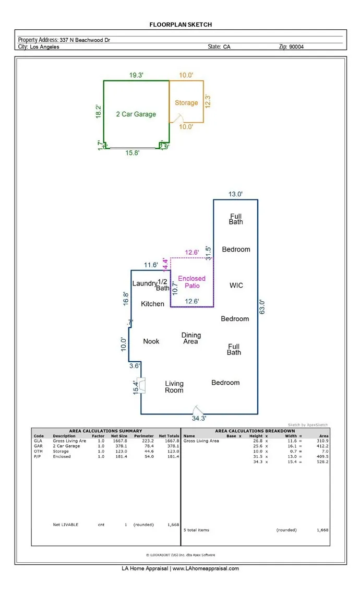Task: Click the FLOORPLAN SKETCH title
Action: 181,25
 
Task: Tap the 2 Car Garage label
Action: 136,114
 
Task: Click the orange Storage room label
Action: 186,103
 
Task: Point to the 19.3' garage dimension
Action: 136,76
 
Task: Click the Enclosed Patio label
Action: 192,282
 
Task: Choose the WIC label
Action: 236,286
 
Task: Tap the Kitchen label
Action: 153,304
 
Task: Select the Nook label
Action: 151,341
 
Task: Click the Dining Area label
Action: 190,338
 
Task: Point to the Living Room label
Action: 174,387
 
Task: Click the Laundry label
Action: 144,283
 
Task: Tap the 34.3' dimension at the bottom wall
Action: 199,419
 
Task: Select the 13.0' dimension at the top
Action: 235,194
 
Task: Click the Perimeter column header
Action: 144,436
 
